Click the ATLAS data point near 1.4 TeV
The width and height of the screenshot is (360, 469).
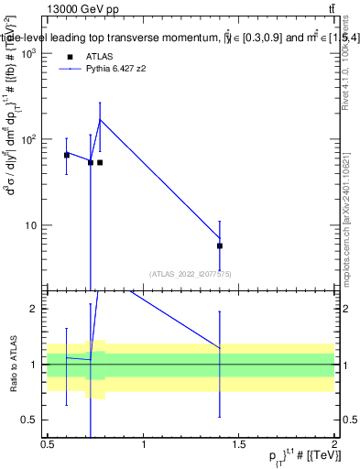[x=220, y=245]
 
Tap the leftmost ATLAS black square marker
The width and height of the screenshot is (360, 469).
[x=67, y=155]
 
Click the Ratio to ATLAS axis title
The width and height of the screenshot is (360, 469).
[x=12, y=364]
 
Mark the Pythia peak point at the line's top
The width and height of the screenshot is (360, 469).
[x=100, y=120]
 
